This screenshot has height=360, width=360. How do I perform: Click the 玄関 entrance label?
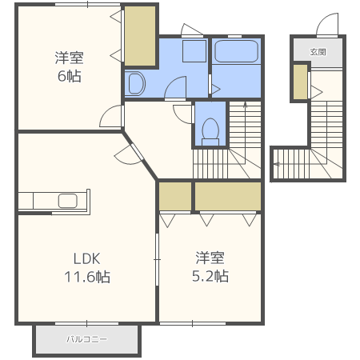coord(318,52)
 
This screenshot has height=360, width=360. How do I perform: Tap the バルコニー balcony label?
coord(87,339)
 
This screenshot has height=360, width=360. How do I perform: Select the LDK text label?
coord(87,258)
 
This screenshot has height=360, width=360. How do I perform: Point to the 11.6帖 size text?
coord(87,277)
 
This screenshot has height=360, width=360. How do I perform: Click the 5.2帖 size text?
coord(210,276)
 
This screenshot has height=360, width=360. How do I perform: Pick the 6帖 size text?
coord(70,76)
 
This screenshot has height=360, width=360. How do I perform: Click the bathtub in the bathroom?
coord(236,51)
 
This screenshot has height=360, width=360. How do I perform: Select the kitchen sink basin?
coord(68,201)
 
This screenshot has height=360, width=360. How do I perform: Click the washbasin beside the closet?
coord(137,83)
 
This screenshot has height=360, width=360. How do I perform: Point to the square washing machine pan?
coord(194,51)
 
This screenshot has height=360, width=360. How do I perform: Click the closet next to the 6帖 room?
coord(140,36)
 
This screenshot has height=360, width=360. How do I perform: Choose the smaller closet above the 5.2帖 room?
coord(175,196)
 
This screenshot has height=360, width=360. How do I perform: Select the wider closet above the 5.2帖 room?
coord(228,196)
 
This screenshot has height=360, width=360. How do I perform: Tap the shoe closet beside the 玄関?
coord(301,82)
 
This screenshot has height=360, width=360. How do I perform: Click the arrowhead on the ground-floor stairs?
coord(277,164)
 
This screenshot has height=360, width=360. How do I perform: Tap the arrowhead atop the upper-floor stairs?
coord(246,105)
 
